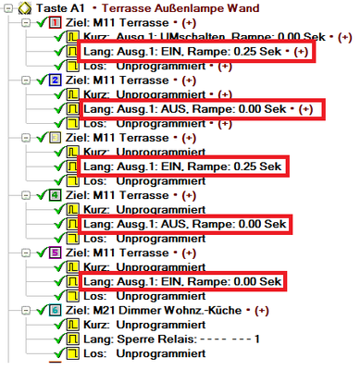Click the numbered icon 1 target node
(x=55, y=21)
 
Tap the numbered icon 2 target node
(x=55, y=80)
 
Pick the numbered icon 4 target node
(x=55, y=196)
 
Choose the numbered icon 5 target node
(x=55, y=253)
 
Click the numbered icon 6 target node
(x=55, y=311)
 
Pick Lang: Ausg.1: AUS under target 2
(x=194, y=109)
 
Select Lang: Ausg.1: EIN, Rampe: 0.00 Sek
(x=181, y=282)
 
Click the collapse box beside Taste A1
(x=8, y=7)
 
